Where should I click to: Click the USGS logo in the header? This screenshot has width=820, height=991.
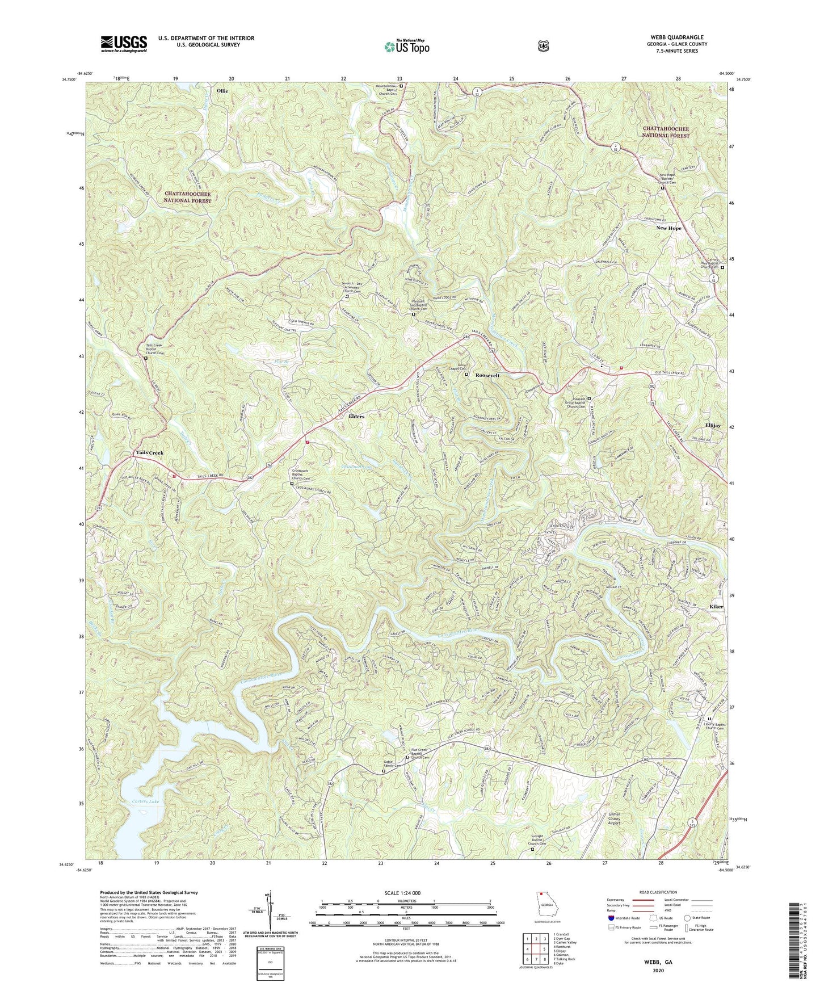click(124, 44)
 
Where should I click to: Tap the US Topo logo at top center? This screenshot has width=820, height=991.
click(406, 47)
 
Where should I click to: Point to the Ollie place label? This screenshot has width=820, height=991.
click(223, 90)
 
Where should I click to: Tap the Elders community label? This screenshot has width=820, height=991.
click(356, 416)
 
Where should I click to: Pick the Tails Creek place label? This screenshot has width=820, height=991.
click(149, 452)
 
